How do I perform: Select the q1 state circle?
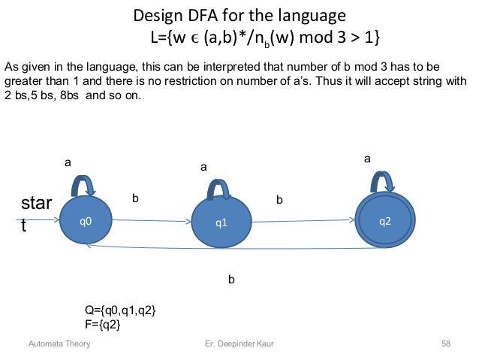pyautogui.click(x=221, y=222)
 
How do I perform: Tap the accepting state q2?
pyautogui.click(x=384, y=220)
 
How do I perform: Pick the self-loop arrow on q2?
pyautogui.click(x=384, y=181)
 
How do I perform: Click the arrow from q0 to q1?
pyautogui.click(x=150, y=221)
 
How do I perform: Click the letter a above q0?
pyautogui.click(x=67, y=162)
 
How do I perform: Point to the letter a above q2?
pyautogui.click(x=367, y=159)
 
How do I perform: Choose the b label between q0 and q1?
pyautogui.click(x=136, y=198)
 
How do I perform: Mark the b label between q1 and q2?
pyautogui.click(x=279, y=201)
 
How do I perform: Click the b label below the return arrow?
pyautogui.click(x=231, y=280)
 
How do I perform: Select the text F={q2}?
pyautogui.click(x=104, y=324)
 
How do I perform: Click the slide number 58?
pyautogui.click(x=446, y=344)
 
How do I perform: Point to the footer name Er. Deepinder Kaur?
pyautogui.click(x=239, y=344)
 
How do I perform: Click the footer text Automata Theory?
pyautogui.click(x=59, y=344)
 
